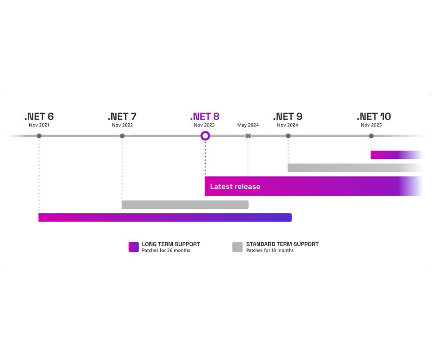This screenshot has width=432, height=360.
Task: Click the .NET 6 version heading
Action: (x=39, y=117)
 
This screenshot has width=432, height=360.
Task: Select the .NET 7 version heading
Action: (x=122, y=117)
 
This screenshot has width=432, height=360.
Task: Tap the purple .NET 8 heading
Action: (x=205, y=117)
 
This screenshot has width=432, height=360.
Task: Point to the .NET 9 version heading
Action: (x=288, y=117)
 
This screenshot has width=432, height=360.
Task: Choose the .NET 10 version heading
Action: (x=374, y=117)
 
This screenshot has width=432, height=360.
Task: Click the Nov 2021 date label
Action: (x=39, y=125)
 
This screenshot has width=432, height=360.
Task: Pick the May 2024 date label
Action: (x=248, y=125)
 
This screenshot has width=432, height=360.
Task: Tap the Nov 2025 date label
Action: (x=371, y=125)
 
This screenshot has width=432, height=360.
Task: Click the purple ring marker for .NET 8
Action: (x=205, y=132)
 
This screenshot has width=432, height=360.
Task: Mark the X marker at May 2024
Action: (x=248, y=136)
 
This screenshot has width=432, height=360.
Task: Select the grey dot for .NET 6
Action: (x=39, y=136)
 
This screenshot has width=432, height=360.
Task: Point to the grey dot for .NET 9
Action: (x=288, y=136)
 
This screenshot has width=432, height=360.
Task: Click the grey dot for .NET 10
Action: (x=371, y=136)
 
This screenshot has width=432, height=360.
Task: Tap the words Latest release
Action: (x=235, y=186)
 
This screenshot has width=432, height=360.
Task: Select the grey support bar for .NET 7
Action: (x=185, y=205)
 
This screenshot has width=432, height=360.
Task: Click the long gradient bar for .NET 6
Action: (x=165, y=218)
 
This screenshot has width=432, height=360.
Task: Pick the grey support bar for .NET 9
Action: (x=355, y=168)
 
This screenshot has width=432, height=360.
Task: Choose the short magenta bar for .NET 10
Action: (x=396, y=155)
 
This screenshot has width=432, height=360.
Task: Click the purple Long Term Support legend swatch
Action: (x=134, y=247)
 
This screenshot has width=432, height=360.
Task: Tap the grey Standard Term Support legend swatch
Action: (x=238, y=247)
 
